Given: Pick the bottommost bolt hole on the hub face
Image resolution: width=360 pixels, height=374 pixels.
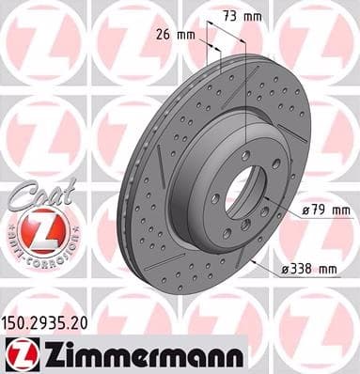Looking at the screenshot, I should (235, 228).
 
